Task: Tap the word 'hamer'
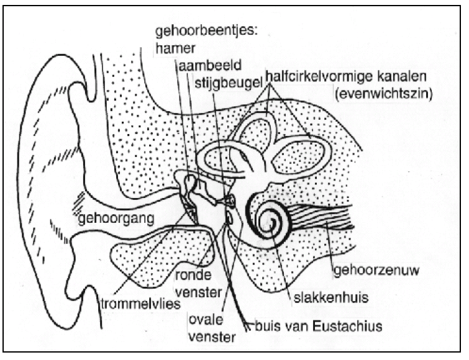pos(175,48)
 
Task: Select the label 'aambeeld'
pos(210,65)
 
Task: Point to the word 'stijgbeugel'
pos(229,83)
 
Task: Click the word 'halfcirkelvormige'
pos(315,77)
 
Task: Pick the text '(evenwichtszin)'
pos(384,94)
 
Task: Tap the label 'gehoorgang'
pos(116,219)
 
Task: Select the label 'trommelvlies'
pos(141,304)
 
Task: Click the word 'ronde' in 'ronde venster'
pos(193,275)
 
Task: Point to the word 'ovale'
pos(206,320)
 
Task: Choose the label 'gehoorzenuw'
pos(376,271)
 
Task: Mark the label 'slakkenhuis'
pos(331,298)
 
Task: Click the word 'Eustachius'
pos(348,326)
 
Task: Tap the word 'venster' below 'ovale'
pos(212,338)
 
